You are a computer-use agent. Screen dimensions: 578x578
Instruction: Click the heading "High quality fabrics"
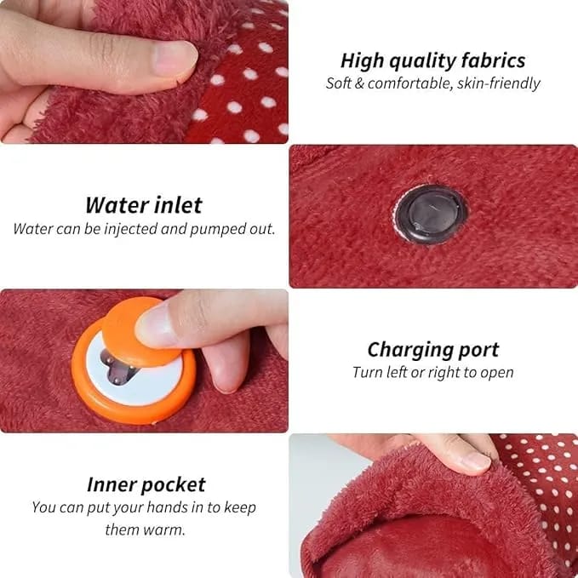point(432,60)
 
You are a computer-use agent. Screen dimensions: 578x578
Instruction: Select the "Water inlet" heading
point(144,205)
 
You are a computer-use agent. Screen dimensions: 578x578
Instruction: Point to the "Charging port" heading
point(433,350)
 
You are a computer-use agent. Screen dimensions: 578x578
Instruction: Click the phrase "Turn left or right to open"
point(433,372)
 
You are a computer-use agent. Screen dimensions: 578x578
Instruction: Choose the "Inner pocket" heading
point(146,484)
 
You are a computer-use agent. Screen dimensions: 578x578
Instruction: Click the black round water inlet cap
point(432,215)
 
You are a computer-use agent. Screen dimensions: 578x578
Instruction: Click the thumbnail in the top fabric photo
point(175,59)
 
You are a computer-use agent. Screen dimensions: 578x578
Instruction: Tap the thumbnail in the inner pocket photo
point(476,461)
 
